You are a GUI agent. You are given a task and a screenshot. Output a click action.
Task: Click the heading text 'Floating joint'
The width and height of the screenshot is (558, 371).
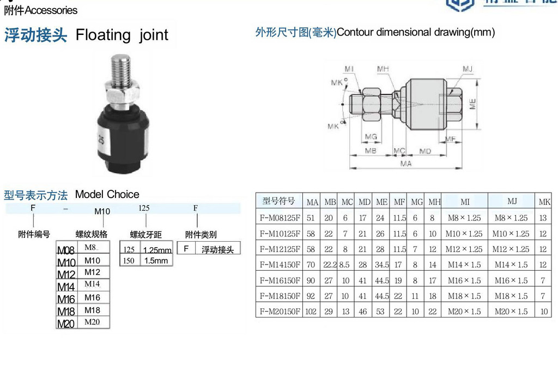(x=122, y=35)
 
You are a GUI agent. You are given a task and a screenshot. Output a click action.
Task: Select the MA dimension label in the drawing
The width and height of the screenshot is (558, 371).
(x=406, y=163)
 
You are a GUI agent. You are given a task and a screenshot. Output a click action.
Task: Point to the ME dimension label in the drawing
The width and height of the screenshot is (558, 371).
(x=472, y=104)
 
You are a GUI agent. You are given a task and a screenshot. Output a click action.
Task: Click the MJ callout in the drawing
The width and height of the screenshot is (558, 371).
(x=467, y=69)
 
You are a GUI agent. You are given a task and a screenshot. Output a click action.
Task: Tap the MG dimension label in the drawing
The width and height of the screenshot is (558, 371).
(x=371, y=136)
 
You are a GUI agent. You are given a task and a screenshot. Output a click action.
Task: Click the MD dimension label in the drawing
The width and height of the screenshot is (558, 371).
(x=425, y=150)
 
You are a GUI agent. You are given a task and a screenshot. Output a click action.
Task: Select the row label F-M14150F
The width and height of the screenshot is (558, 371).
(x=280, y=265)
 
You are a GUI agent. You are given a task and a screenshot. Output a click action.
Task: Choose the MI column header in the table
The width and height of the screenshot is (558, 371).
(x=465, y=202)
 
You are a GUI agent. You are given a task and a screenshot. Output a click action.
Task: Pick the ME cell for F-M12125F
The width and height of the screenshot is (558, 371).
(x=381, y=249)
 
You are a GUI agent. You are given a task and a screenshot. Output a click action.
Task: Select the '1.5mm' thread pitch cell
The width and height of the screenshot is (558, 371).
(x=155, y=261)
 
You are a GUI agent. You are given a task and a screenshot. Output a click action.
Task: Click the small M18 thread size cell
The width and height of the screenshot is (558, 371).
(x=93, y=310)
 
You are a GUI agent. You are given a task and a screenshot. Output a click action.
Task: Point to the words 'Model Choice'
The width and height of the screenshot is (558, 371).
(x=107, y=194)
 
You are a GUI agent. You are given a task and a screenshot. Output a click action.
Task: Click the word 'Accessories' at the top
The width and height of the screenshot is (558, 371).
(x=51, y=10)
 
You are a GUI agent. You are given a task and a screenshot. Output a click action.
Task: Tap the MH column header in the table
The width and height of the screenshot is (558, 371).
(x=434, y=202)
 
